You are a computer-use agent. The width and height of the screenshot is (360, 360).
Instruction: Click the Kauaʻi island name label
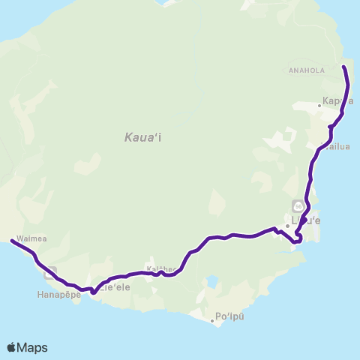point(140,137)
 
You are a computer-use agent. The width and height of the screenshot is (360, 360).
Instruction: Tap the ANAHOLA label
point(304,71)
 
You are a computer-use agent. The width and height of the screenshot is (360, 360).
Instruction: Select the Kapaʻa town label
point(337,100)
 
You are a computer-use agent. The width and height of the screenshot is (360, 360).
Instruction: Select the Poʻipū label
point(229,317)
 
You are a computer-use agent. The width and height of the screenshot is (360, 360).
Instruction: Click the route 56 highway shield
point(298,205)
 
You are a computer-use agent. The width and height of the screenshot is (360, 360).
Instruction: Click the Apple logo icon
point(12,347)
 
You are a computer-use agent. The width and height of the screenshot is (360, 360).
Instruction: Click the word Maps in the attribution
point(33,347)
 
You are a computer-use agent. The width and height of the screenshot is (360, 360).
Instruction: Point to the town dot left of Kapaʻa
point(319,106)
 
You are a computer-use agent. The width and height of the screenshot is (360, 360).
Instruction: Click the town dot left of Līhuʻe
point(287,225)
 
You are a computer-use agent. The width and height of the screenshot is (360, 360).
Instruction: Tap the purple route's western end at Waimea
point(11,241)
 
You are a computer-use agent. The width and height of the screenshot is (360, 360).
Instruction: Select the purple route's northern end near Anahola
point(344,67)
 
